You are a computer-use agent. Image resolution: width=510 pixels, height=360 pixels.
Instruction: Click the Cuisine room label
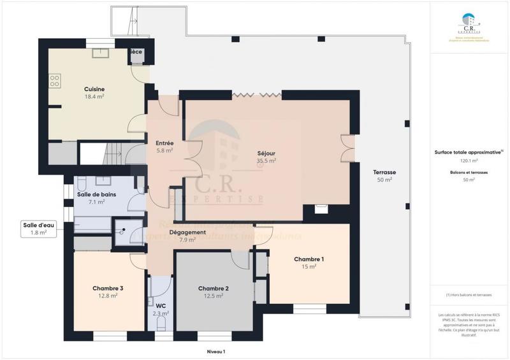[x=94, y=89]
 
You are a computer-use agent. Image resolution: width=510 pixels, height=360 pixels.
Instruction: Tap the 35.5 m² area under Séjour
[x=266, y=161]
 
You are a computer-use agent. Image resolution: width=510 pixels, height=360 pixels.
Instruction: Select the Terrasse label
[x=384, y=173]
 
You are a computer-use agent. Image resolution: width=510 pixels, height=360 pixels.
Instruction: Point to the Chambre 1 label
[x=309, y=259]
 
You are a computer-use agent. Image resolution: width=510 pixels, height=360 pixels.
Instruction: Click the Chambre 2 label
[x=213, y=288]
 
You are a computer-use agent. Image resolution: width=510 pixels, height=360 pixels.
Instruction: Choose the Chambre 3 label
[x=108, y=288]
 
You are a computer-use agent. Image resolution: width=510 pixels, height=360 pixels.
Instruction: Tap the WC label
[x=161, y=306]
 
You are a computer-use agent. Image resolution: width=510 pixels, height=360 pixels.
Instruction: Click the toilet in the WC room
[x=161, y=325]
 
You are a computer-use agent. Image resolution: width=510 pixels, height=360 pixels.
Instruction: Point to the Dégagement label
[x=187, y=233]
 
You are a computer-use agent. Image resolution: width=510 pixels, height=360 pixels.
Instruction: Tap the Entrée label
[x=164, y=143]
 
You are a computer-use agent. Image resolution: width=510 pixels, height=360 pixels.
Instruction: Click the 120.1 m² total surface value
[x=469, y=161]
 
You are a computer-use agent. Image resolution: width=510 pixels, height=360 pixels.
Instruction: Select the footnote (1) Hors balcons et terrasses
[x=469, y=294]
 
